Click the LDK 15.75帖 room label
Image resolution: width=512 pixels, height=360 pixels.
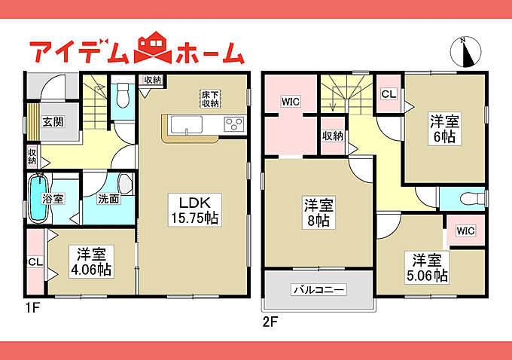pyautogui.click(x=195, y=210)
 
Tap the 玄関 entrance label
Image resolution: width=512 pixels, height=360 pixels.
pyautogui.click(x=53, y=122)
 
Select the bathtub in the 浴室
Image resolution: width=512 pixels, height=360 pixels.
pyautogui.click(x=38, y=197)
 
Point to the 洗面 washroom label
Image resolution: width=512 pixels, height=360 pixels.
pyautogui.click(x=108, y=199)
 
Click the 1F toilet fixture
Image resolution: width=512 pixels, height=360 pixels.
pyautogui.click(x=123, y=95)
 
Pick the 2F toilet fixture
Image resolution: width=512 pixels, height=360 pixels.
pyautogui.click(x=473, y=198)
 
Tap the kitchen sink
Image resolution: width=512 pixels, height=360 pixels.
pyautogui.click(x=187, y=124)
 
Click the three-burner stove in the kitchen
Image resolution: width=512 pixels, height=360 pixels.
pyautogui.click(x=234, y=124)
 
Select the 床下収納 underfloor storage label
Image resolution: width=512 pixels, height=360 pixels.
pyautogui.click(x=210, y=99)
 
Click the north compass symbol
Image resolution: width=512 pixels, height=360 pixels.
pyautogui.click(x=466, y=52)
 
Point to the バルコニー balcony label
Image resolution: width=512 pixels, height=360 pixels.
pyautogui.click(x=318, y=289)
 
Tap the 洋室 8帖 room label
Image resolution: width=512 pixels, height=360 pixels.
pyautogui.click(x=318, y=212)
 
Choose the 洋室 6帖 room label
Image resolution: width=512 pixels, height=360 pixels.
pyautogui.click(x=444, y=129)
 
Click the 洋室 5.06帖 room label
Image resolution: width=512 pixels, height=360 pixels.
pyautogui.click(x=427, y=267)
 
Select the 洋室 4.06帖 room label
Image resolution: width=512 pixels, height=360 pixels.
pyautogui.click(x=91, y=261)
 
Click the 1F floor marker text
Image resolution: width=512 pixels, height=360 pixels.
pyautogui.click(x=32, y=308)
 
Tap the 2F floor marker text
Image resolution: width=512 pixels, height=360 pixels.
pyautogui.click(x=270, y=322)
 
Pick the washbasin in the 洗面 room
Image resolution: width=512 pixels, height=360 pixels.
pyautogui.click(x=125, y=184)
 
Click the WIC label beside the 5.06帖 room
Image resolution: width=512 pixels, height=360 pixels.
pyautogui.click(x=465, y=231)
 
